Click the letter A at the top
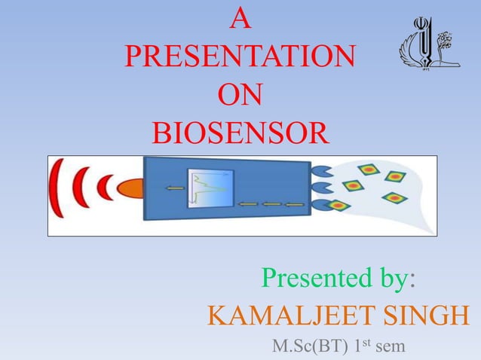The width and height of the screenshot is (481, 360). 240,20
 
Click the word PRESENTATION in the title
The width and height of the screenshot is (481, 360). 240,59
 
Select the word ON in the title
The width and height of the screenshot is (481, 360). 240,98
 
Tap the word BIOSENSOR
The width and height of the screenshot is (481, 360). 240,136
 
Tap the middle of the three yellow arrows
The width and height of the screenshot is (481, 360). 271,203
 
